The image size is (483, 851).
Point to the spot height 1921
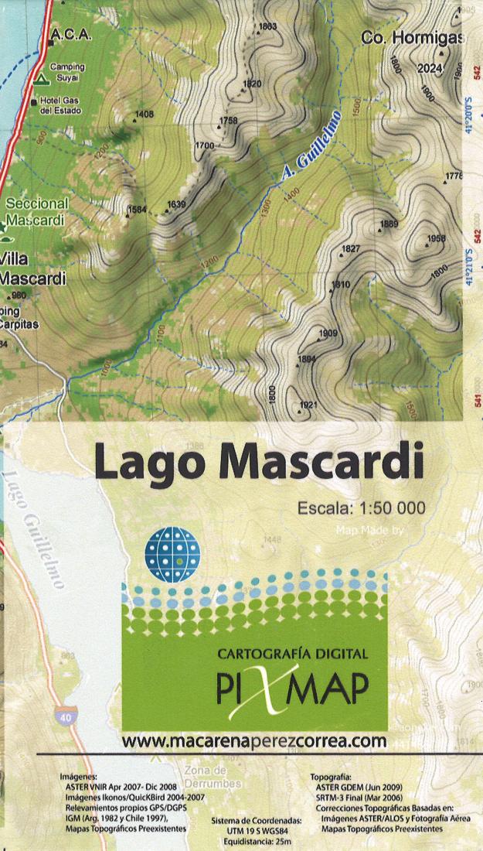pos(308,405)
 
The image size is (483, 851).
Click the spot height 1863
pos(268,27)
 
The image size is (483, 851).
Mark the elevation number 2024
pos(430,68)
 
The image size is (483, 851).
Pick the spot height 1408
pos(144,115)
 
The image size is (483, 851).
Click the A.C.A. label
pos(70,36)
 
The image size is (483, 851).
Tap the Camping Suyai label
pos(67,72)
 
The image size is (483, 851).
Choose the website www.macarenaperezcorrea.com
pos(253,740)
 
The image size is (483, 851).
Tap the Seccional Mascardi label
pos(36,211)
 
